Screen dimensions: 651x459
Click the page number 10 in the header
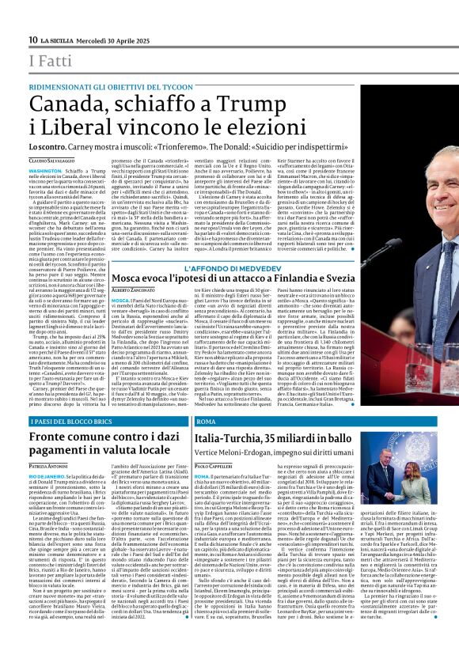tap(32, 40)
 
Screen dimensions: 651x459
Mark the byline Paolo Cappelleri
tap(218, 467)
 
